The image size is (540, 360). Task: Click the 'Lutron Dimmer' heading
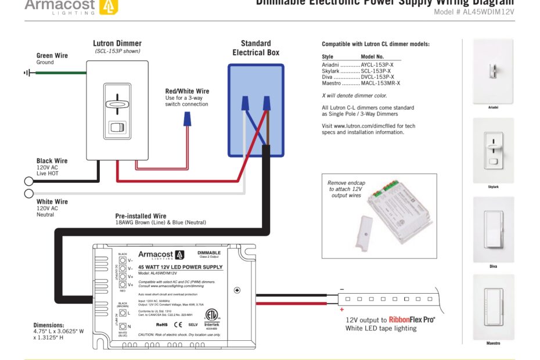point(117,44)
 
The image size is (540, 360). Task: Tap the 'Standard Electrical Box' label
point(256,48)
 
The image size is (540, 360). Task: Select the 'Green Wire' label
point(52,56)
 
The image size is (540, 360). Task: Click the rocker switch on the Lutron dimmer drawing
point(117,128)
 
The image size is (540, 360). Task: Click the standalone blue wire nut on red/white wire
point(188,119)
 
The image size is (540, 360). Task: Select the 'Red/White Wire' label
point(187,91)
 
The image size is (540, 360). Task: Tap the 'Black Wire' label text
point(52,161)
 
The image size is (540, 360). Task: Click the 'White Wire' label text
point(52,201)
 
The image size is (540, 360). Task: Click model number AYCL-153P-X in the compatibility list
point(377,64)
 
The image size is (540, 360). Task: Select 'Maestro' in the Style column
point(332,83)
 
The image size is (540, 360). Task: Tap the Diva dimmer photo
point(493,229)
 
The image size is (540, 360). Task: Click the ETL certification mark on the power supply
point(214,314)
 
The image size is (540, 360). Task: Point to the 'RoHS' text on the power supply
point(162,325)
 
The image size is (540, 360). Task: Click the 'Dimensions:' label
point(49,325)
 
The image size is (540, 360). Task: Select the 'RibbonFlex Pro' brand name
point(411,319)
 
